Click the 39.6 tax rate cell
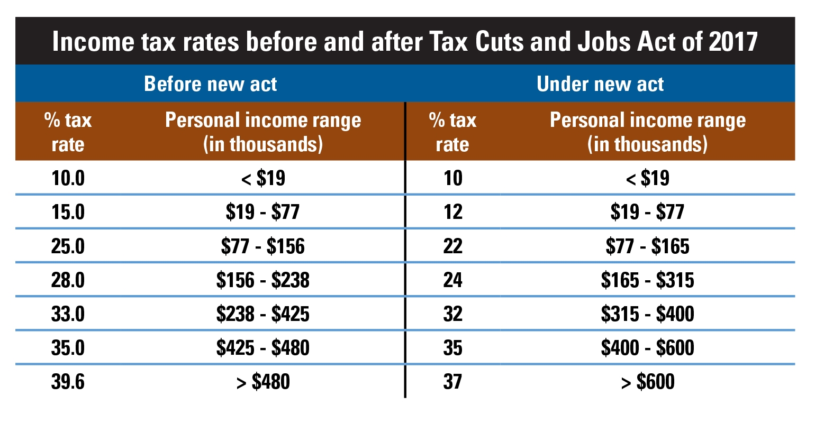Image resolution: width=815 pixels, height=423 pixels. [68, 382]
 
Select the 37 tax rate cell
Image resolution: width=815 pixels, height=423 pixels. [452, 382]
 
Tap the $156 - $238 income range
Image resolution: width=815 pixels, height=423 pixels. [263, 280]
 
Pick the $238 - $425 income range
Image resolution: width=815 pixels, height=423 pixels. [263, 314]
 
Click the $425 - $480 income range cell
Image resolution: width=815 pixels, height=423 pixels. [263, 348]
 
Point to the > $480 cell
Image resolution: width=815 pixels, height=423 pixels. [263, 382]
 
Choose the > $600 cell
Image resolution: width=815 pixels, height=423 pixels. [648, 382]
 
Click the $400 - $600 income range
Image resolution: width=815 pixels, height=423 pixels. [648, 348]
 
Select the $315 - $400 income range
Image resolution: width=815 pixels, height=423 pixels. [648, 314]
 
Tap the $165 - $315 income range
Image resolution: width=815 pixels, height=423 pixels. [648, 280]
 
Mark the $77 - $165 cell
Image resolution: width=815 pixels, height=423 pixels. [648, 246]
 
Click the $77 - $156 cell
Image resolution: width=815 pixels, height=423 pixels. [263, 246]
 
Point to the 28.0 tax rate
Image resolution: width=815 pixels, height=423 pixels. [68, 280]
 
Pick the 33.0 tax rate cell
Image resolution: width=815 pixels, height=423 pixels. [68, 314]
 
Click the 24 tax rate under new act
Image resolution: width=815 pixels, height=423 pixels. [452, 280]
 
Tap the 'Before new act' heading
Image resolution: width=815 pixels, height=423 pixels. [210, 84]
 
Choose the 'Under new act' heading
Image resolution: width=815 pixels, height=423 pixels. [600, 84]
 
